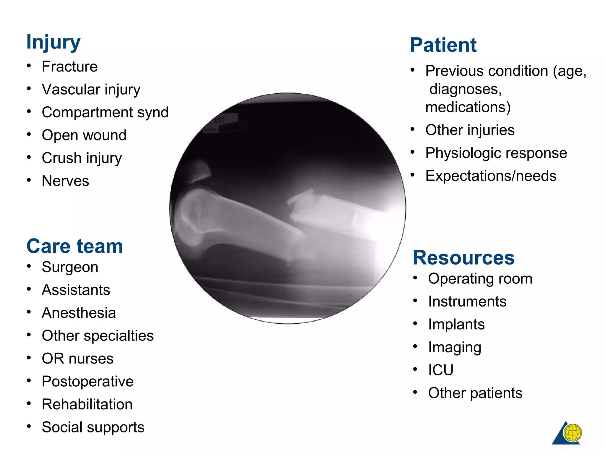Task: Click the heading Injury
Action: point(53,42)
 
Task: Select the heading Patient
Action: point(443,45)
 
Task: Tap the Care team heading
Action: point(74,246)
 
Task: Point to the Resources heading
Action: point(463,258)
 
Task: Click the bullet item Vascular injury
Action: point(91,90)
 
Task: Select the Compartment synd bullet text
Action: point(105,112)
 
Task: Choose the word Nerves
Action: point(65,181)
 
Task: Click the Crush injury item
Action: point(82,158)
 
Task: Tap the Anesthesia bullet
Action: point(79,313)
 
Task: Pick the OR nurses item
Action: point(78,359)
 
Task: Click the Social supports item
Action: point(93,427)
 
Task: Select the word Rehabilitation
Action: point(87,404)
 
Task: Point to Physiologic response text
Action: point(496,153)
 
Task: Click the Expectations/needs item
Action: point(491,176)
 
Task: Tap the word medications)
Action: point(468,107)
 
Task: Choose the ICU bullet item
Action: point(440,370)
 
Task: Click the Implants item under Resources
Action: point(456,324)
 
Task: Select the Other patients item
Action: point(475,393)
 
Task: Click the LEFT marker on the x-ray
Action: point(220,120)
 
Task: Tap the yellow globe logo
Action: point(572,432)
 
